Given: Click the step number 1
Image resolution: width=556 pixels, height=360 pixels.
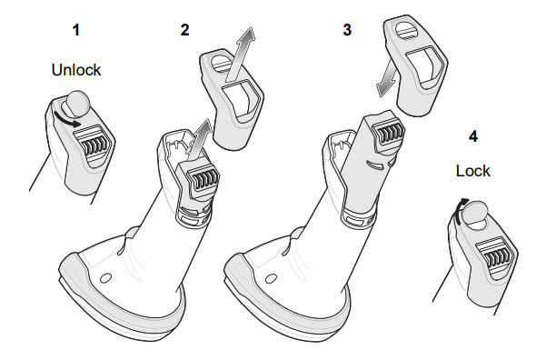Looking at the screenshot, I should [77, 29].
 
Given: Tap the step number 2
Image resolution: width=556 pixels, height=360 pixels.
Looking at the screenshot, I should [185, 29].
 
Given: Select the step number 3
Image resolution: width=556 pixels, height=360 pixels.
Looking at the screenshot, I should [346, 29].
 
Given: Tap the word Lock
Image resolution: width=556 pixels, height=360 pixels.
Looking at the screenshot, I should [472, 170].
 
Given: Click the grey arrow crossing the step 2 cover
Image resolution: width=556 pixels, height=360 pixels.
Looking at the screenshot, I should [239, 57].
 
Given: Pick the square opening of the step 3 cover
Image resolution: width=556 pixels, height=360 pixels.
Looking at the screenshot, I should [422, 65].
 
